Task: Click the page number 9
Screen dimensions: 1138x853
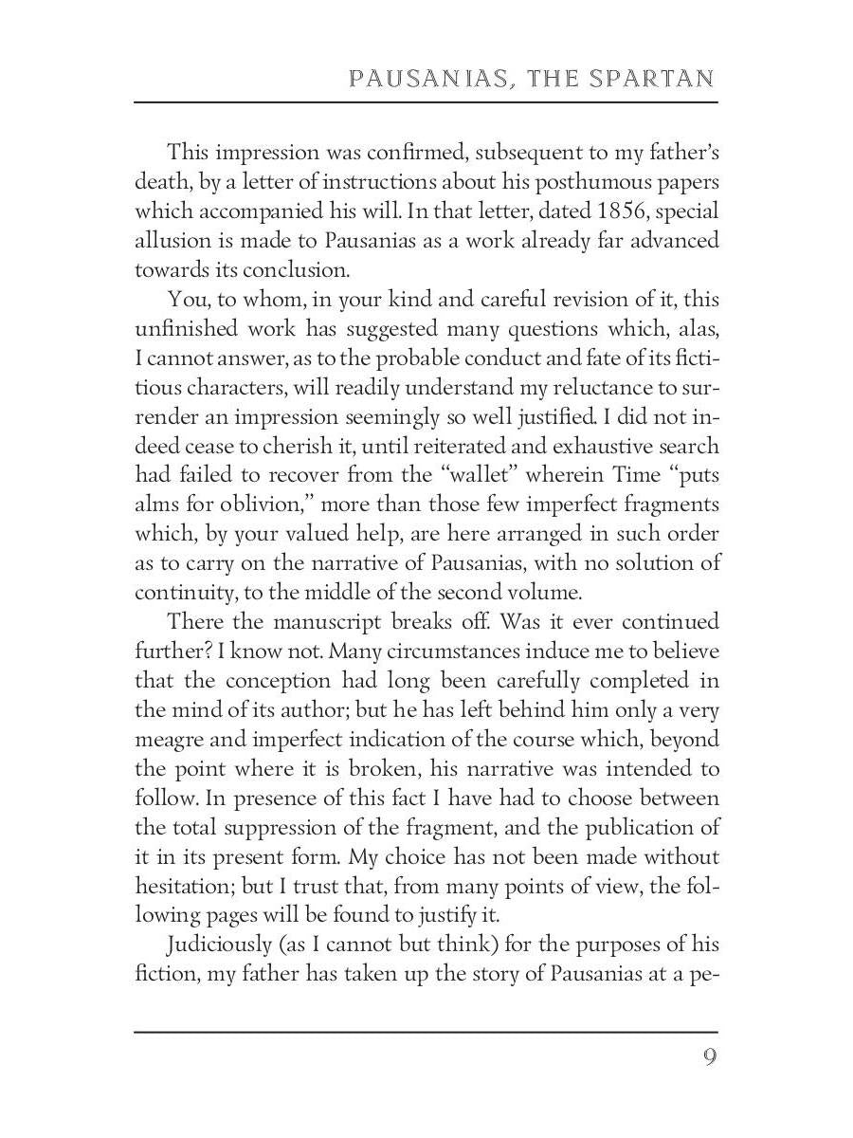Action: coord(710,1057)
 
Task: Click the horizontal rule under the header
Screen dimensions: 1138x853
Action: coord(426,101)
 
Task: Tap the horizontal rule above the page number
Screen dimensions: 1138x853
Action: coord(426,1032)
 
